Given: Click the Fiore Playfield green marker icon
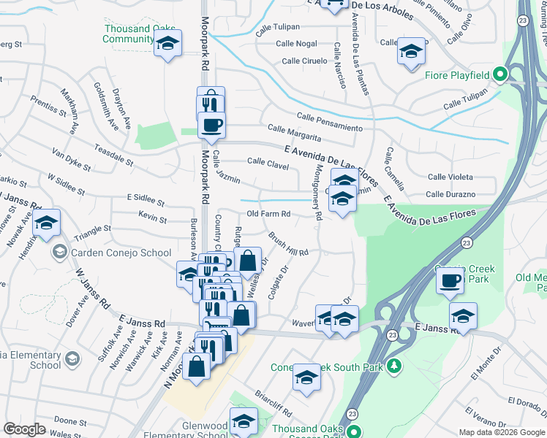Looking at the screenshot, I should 500,74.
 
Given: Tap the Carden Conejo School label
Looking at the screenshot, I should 121,253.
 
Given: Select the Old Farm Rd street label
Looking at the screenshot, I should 269,214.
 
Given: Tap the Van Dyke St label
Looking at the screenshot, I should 72,160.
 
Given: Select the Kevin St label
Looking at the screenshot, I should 152,218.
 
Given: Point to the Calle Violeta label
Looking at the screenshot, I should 450,177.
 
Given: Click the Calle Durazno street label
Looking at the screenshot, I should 450,194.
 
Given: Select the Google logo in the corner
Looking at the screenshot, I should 24,429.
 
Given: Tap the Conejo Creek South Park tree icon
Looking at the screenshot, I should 394,365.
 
